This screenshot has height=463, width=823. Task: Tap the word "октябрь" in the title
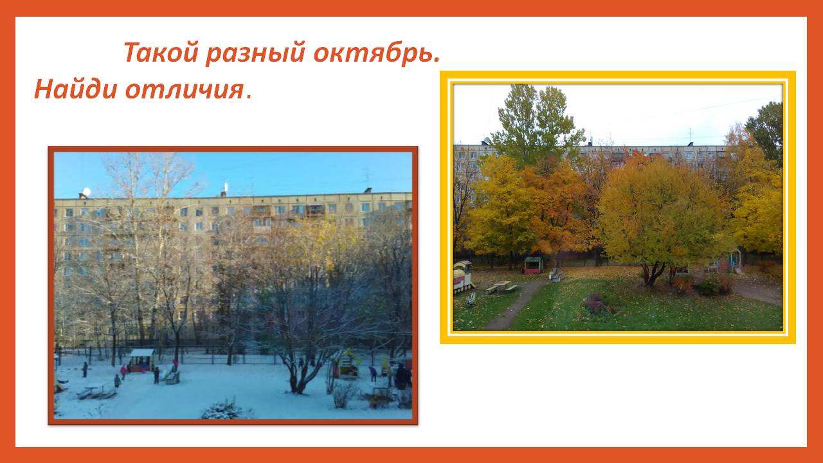(374, 52)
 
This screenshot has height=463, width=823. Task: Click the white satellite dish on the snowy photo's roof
(86, 192)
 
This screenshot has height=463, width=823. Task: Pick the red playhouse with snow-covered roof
(142, 359)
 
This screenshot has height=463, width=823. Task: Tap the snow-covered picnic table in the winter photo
(96, 390)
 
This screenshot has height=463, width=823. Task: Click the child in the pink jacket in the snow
(123, 372)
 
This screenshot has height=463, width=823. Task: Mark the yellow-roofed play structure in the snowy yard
(348, 364)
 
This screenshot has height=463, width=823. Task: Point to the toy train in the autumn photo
(462, 277)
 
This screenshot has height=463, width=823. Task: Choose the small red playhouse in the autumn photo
(533, 265)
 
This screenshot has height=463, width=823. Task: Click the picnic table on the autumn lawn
(502, 287)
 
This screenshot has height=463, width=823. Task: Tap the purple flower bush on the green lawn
(596, 302)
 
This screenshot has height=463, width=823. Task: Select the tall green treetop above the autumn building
(537, 122)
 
